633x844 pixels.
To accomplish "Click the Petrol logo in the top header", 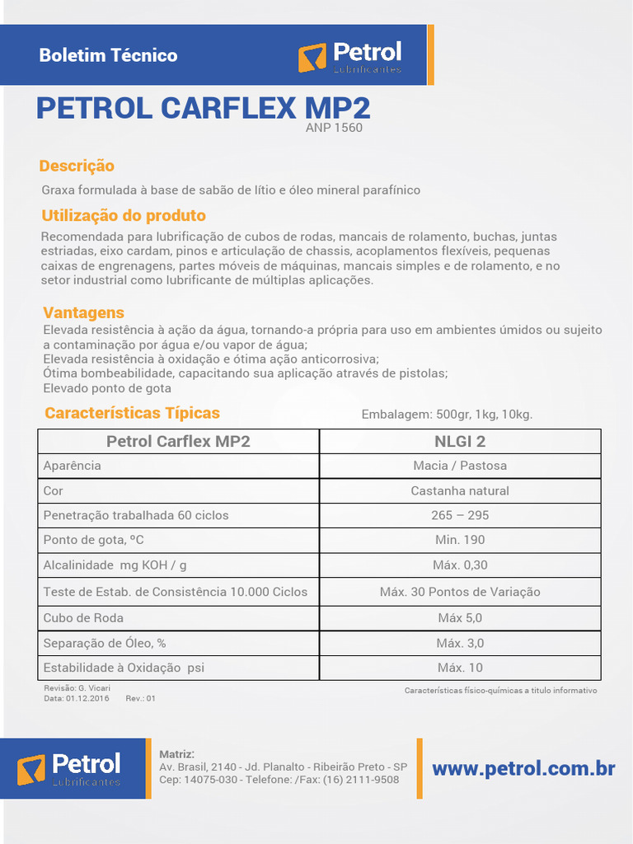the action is tap(349, 56).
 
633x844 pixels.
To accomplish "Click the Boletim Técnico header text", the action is tap(108, 56).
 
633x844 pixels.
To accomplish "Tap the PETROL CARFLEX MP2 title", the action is tap(203, 108).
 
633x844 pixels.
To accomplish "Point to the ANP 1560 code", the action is tap(334, 128).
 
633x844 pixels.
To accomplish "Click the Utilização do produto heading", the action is tap(124, 216).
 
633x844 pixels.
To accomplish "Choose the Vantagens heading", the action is tap(83, 312).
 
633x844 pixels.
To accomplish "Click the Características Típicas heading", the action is tap(132, 413).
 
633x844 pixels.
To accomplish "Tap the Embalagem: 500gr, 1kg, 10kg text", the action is tap(447, 414).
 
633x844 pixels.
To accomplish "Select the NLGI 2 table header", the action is tap(460, 441).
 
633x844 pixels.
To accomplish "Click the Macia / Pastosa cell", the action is tap(460, 466).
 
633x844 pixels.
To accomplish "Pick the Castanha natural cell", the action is tap(460, 490).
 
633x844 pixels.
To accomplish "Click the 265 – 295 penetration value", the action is tap(460, 515).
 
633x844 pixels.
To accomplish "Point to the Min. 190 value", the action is tap(460, 540).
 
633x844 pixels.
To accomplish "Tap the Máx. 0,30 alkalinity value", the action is tap(460, 565).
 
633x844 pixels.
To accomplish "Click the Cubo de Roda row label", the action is tap(83, 617).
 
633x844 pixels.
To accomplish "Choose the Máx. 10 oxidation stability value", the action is tap(460, 668).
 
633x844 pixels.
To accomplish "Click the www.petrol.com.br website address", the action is tap(523, 769).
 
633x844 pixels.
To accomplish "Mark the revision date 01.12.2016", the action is tap(87, 698).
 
